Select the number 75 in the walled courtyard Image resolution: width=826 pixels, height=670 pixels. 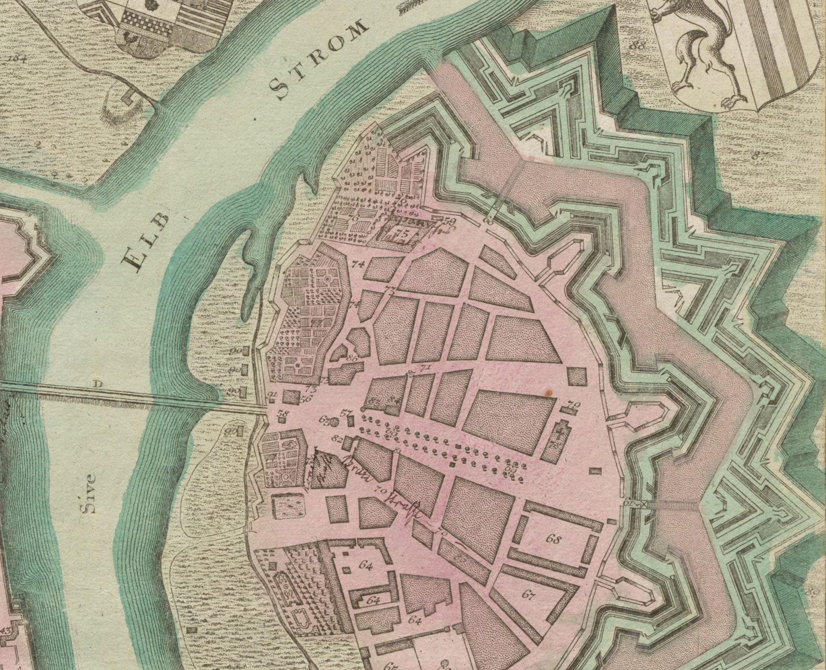click(402, 233)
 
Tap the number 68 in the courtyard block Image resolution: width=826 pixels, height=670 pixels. click(554, 539)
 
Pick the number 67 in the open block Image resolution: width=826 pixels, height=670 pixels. click(528, 595)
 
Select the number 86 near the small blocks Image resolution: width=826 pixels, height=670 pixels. click(352, 358)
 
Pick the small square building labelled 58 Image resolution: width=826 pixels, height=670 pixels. click(283, 418)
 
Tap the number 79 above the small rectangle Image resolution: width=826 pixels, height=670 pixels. click(573, 404)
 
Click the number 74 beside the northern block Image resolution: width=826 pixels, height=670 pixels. click(358, 264)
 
